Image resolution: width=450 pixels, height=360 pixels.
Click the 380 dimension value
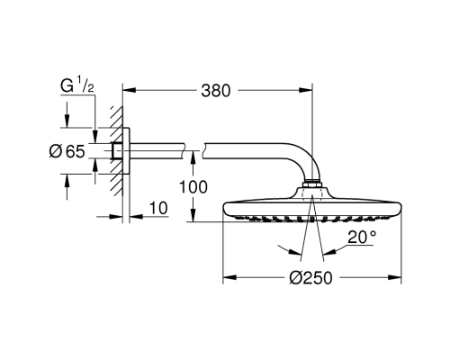tap(217, 90)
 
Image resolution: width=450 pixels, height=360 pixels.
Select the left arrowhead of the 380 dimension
tap(127, 90)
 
